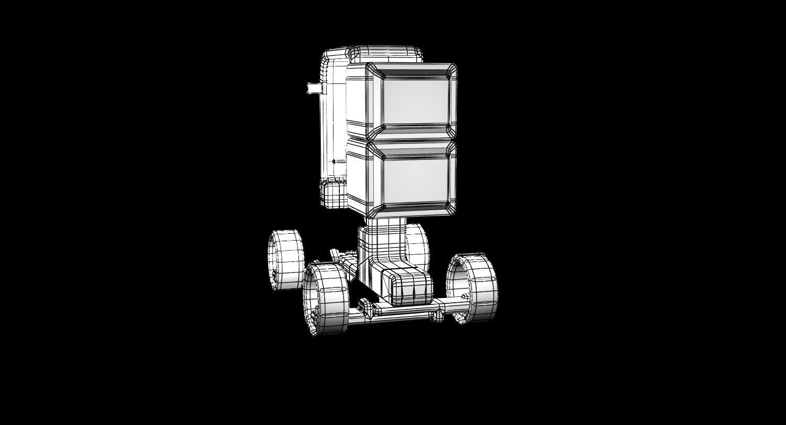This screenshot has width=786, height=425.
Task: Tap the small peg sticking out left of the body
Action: [314, 88]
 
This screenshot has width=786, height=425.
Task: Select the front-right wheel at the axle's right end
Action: [473, 288]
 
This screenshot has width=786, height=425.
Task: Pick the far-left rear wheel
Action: [285, 260]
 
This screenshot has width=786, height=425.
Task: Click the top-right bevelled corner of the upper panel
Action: [451, 69]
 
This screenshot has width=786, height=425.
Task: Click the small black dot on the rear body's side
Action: [334, 161]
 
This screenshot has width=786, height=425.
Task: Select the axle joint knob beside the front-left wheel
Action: [364, 307]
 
